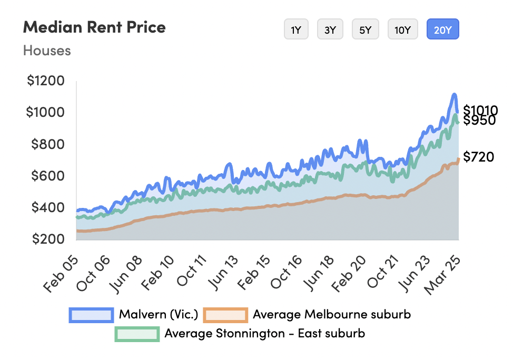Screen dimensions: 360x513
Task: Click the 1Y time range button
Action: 296,29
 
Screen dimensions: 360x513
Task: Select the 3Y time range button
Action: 330,29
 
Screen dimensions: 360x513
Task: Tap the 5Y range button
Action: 365,29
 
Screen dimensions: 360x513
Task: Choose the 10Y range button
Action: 402,29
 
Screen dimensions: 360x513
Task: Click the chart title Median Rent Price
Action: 94,27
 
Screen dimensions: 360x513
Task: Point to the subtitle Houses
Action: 47,51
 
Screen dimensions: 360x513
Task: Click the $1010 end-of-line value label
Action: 480,111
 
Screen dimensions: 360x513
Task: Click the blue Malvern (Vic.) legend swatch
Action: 91,315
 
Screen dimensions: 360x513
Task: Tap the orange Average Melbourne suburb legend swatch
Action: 225,315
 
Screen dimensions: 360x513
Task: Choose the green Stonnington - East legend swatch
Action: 137,333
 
